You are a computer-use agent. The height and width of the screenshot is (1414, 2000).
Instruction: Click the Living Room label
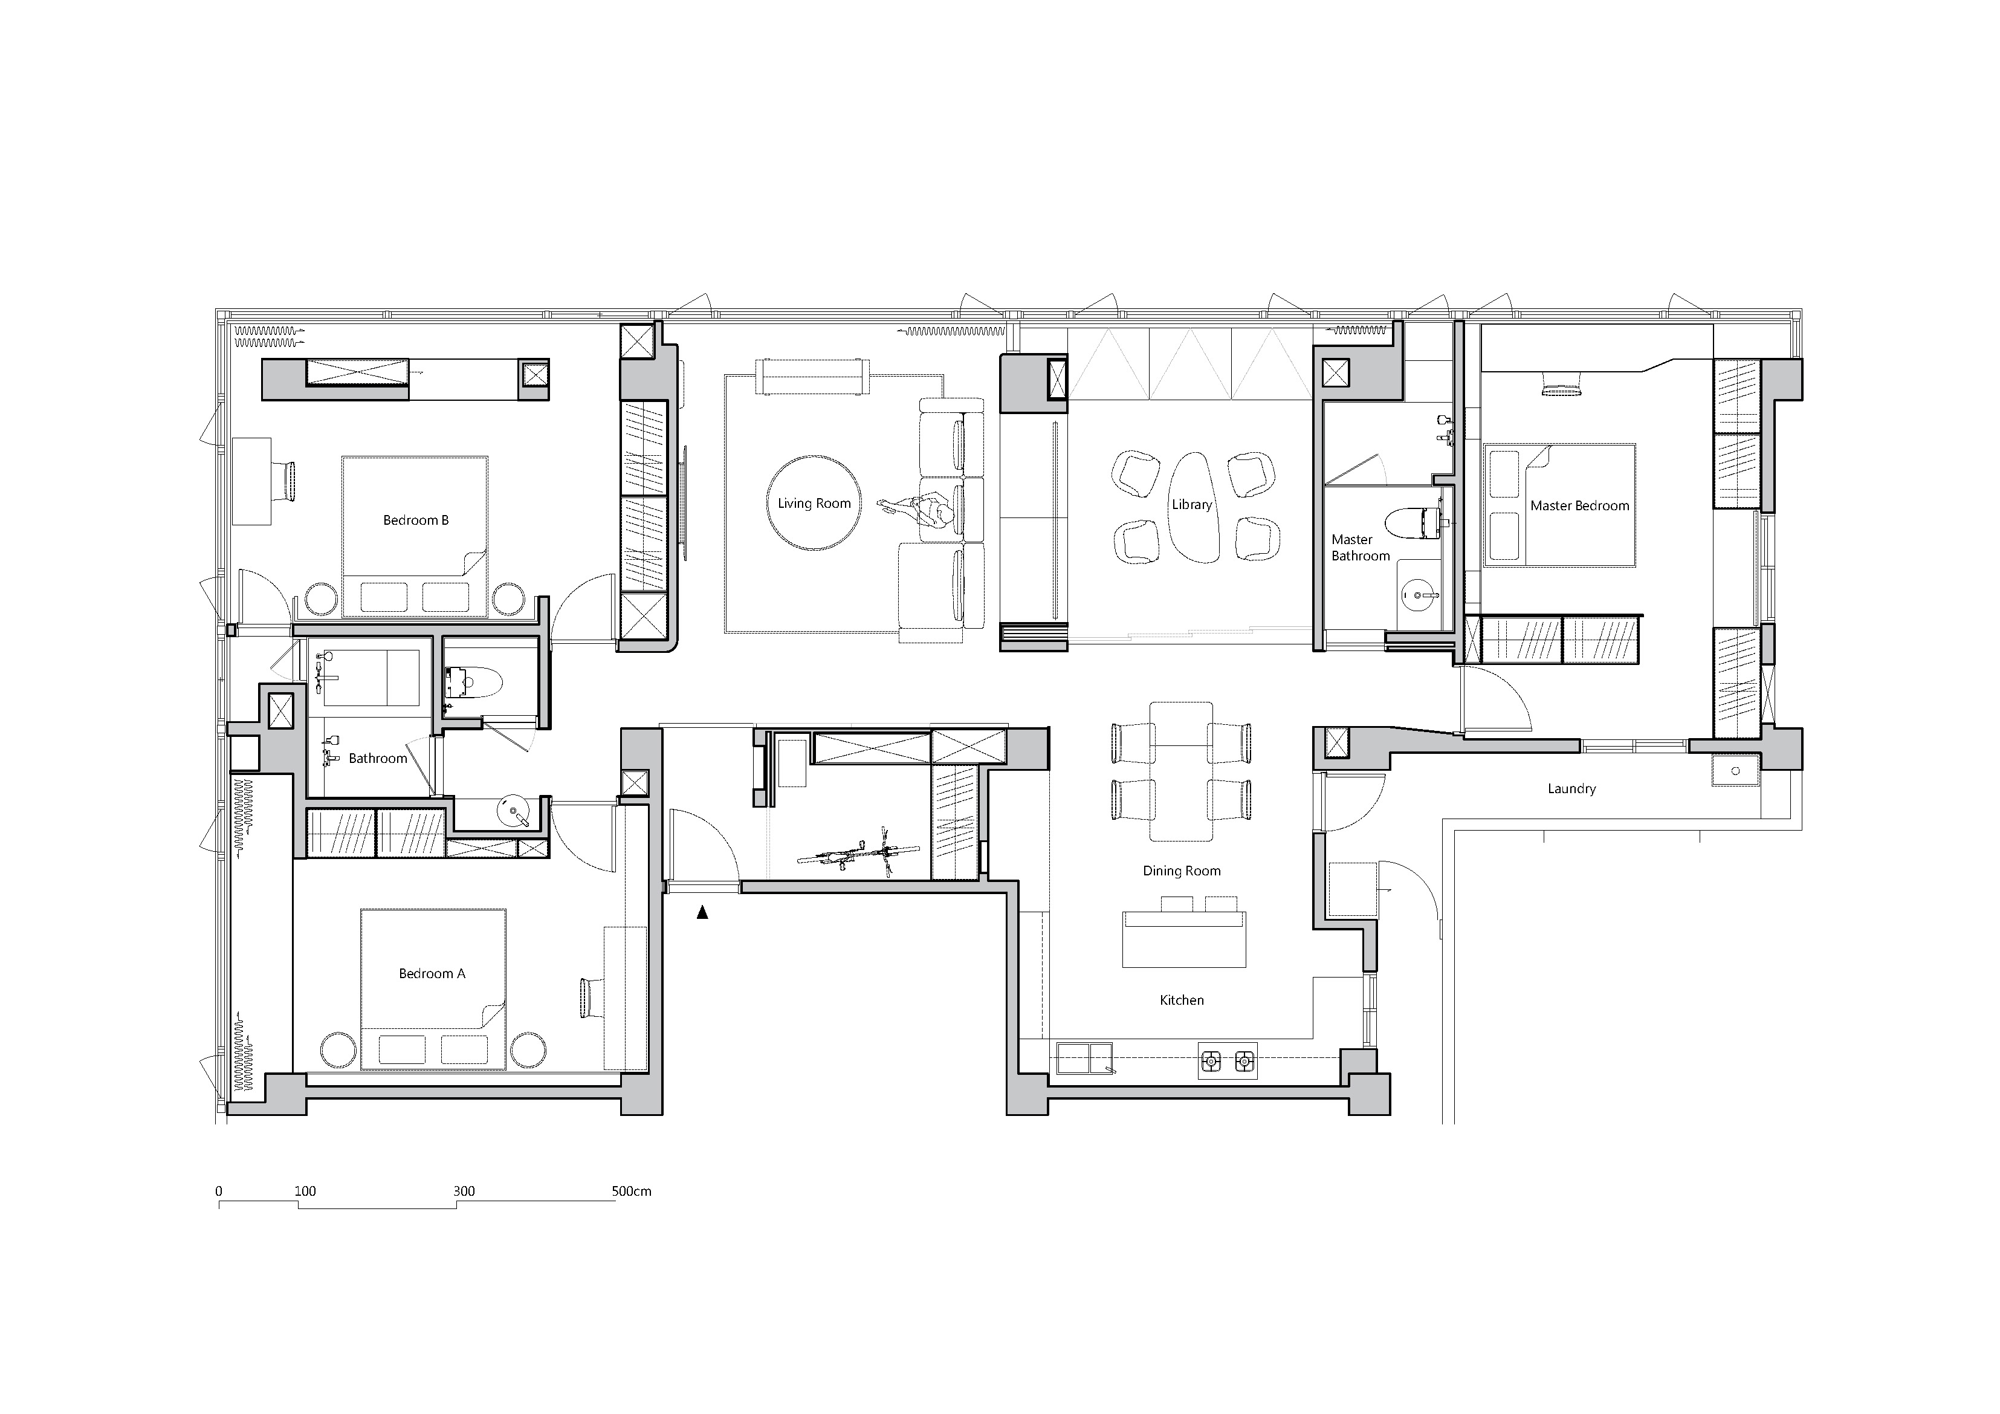(814, 504)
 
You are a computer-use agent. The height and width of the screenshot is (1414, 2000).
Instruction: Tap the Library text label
(1192, 504)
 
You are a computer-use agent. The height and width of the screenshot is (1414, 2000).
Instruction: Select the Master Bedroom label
(1579, 505)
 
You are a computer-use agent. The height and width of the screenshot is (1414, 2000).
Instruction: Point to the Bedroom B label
(415, 520)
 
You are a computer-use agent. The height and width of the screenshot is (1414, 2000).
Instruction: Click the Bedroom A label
(432, 973)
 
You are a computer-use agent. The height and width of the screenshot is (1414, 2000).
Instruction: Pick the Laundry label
(1571, 788)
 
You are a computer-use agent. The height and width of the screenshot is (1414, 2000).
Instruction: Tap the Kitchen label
(1181, 1000)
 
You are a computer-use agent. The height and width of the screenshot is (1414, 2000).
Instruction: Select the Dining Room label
(1181, 871)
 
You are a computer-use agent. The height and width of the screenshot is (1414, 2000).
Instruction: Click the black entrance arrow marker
(702, 913)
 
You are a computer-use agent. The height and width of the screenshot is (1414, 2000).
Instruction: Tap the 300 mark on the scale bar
(464, 1191)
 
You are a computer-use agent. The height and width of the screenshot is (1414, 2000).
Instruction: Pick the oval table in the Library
(1192, 508)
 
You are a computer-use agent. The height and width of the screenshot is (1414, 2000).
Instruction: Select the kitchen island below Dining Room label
(1184, 939)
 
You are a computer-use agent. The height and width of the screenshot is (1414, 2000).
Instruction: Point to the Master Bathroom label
(1360, 548)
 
